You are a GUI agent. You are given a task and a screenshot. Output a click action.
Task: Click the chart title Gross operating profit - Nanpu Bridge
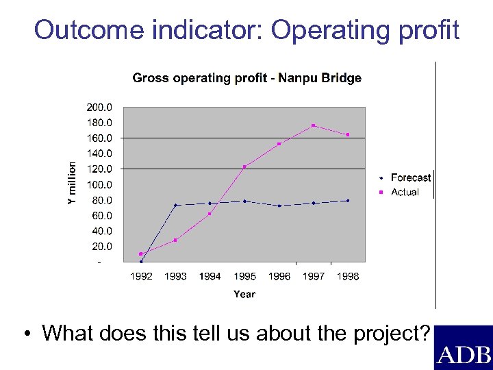coord(246,78)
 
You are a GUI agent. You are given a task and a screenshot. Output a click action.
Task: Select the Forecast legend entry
coord(410,177)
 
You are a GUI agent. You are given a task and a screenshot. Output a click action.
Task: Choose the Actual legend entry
coord(404,193)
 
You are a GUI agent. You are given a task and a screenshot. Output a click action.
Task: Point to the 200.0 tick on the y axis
coord(100,108)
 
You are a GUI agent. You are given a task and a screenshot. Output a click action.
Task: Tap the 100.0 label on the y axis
coord(100,184)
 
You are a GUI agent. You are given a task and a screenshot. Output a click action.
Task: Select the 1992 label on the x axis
coord(141,276)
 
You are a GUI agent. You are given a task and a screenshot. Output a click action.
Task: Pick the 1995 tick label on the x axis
coord(244,276)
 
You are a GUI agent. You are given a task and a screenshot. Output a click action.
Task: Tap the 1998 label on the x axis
coord(348,276)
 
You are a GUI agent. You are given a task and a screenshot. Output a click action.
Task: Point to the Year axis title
coord(244,294)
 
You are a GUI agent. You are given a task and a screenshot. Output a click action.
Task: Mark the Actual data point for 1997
coord(313,125)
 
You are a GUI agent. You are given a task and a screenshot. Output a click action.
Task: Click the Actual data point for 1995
coord(244,166)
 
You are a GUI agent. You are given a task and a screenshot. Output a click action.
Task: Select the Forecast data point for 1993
coord(175,205)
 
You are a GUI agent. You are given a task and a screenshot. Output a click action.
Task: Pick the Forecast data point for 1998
coord(348,201)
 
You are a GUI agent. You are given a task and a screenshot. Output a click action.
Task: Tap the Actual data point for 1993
coord(175,240)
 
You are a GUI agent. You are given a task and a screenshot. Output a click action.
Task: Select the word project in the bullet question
coord(390,334)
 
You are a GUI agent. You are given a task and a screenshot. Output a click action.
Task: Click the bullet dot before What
coord(25,334)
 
